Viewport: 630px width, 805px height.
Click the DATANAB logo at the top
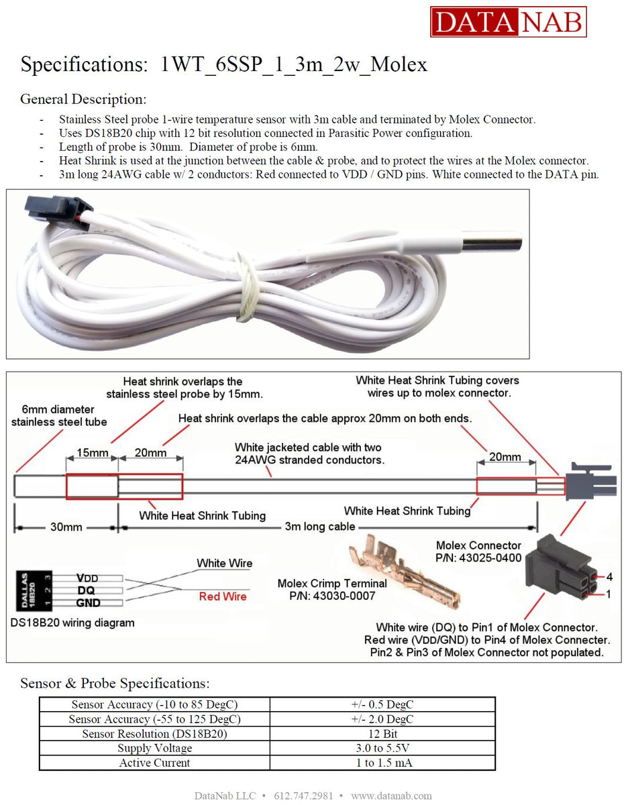[x=508, y=21]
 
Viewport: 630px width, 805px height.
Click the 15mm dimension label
[x=92, y=453]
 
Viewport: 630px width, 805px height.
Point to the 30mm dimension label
[x=66, y=527]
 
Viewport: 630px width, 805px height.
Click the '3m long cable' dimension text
[x=319, y=527]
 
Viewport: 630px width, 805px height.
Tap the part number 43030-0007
[x=332, y=596]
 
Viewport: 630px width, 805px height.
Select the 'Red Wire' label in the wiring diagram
[x=223, y=596]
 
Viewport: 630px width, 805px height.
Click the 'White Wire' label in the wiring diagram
[x=224, y=563]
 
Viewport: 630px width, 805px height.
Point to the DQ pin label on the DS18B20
[x=85, y=590]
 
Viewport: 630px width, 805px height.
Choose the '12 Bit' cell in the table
[x=382, y=734]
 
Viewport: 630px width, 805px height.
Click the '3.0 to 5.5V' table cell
[x=382, y=748]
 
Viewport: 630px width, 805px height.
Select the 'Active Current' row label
[x=154, y=763]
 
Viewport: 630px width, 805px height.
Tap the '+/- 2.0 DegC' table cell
[x=382, y=719]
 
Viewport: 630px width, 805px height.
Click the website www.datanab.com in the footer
[x=391, y=796]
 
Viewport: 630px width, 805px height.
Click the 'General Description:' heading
[x=83, y=99]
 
